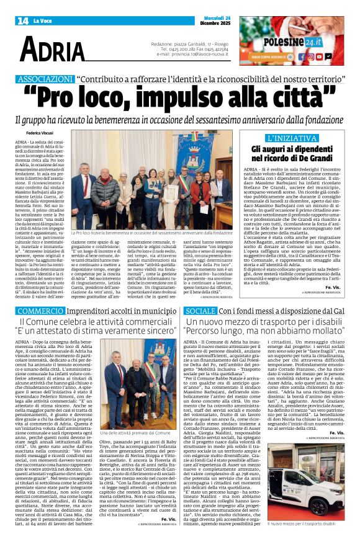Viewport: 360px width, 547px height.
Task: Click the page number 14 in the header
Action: click(x=23, y=20)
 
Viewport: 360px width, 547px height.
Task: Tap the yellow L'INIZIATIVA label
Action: click(x=297, y=138)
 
